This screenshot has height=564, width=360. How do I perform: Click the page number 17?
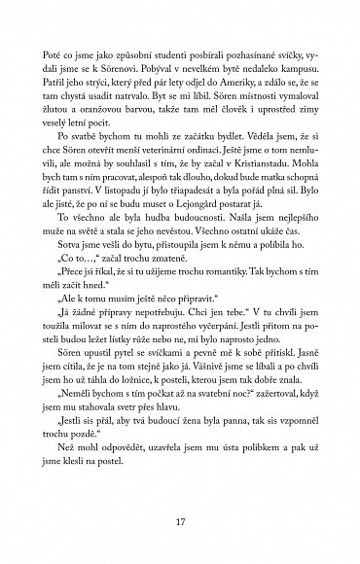[180, 524]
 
